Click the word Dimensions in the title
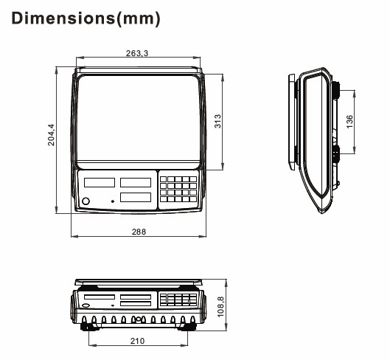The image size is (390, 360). click(x=63, y=18)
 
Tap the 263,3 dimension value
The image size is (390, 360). click(x=137, y=53)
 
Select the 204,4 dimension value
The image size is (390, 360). click(x=51, y=135)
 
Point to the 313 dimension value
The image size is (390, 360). click(x=217, y=121)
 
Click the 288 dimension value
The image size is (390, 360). click(x=139, y=232)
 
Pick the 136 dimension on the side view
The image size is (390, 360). click(x=349, y=122)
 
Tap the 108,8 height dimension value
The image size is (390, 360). click(x=220, y=307)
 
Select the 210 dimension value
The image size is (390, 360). click(x=137, y=341)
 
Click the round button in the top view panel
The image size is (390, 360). click(x=86, y=201)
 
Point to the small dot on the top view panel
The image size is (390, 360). click(x=113, y=201)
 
